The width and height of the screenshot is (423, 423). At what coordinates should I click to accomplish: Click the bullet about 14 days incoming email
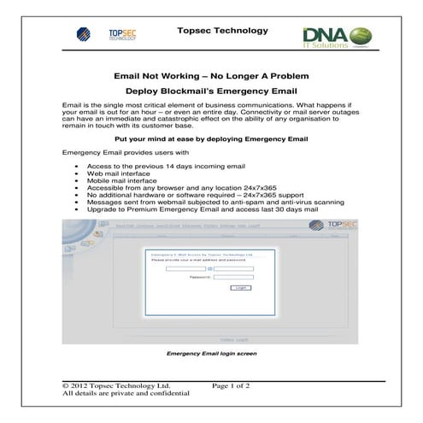coord(166,165)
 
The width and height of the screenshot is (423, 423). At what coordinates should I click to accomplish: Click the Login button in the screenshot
coord(240,288)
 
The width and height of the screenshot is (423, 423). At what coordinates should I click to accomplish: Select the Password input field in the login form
coord(233,277)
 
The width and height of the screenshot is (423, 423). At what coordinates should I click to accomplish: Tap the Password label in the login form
coord(199,277)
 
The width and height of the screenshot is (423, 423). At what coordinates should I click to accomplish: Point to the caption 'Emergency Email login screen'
coord(211,352)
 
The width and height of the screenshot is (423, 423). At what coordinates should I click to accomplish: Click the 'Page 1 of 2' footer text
coord(230,386)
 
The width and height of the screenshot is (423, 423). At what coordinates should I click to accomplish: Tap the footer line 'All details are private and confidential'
coord(126,395)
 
